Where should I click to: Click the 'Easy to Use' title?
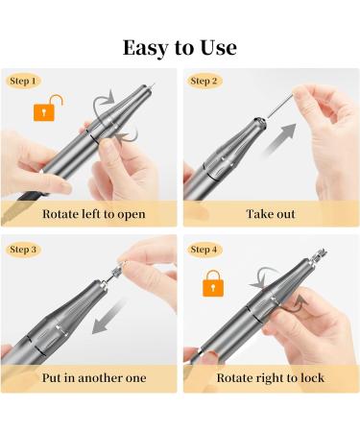180,48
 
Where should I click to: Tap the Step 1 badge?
23,81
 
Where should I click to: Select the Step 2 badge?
204,81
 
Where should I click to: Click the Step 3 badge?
23,250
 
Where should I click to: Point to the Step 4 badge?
204,250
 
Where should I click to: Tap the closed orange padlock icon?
213,283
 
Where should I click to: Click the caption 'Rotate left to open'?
94,214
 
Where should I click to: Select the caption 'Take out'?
271,214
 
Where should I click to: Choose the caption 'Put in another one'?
94,378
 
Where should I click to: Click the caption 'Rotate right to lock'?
271,378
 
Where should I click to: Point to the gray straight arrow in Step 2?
277,139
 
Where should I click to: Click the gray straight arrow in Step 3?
108,316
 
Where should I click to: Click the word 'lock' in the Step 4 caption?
312,378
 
